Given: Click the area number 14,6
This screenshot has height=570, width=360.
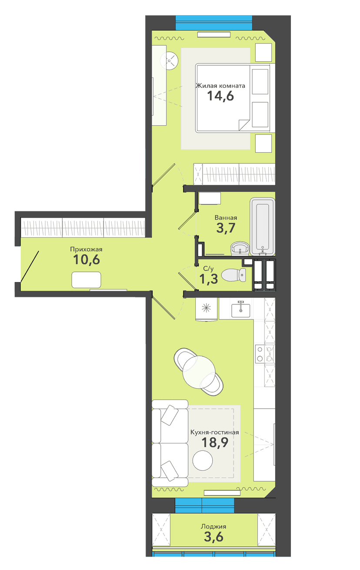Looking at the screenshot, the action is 220,96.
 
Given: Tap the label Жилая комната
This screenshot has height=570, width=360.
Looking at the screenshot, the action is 220,86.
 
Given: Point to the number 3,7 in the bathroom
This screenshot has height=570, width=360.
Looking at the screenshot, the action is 226,228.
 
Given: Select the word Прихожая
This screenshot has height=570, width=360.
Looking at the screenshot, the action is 86,250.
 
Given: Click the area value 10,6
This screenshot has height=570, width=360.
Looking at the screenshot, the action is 87,260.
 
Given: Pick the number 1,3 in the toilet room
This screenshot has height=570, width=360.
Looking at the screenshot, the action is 209,279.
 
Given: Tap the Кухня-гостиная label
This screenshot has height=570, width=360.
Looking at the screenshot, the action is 215,432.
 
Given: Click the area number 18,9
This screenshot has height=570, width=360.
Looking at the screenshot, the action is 215,443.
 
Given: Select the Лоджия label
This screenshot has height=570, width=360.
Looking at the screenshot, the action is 213,527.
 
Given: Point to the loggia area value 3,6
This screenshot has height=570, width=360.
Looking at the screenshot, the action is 213,537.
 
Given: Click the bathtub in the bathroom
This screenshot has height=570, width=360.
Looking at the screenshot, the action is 262,227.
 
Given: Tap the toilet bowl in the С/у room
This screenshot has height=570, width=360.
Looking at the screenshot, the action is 234,275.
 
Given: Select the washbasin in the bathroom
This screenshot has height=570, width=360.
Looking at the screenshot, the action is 240,248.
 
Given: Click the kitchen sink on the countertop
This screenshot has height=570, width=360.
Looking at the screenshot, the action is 241,310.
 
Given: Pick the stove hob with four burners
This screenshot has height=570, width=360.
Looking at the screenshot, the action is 265,354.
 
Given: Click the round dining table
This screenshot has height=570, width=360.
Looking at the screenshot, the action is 199,372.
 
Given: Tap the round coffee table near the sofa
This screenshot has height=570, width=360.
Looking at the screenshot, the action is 203,460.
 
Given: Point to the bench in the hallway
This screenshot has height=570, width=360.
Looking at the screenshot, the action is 86,280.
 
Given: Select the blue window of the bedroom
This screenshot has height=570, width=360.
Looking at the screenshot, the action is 214,23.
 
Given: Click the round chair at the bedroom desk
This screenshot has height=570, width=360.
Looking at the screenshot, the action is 169,60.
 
